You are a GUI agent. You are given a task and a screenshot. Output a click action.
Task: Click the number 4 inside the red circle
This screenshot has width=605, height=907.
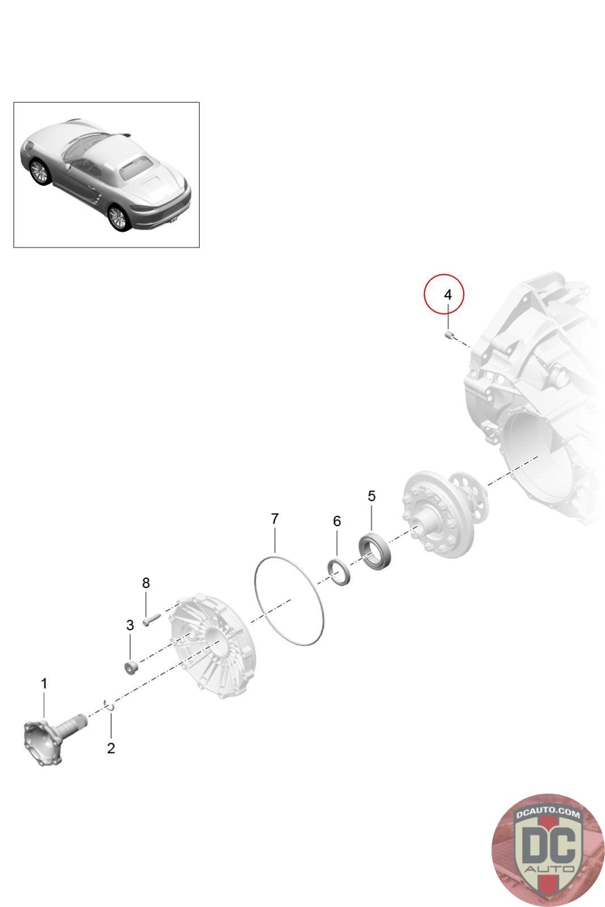point(447,294)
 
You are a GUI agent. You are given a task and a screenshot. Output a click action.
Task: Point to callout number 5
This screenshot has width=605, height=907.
point(371,496)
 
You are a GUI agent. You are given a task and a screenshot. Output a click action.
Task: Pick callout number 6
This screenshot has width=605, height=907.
point(336,521)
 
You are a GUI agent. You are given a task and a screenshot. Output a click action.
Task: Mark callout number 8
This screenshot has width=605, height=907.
point(146,583)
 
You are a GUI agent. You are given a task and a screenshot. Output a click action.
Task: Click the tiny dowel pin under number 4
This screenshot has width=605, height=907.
point(449,334)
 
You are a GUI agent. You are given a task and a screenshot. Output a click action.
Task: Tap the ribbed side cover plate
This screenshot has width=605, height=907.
point(212,646)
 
